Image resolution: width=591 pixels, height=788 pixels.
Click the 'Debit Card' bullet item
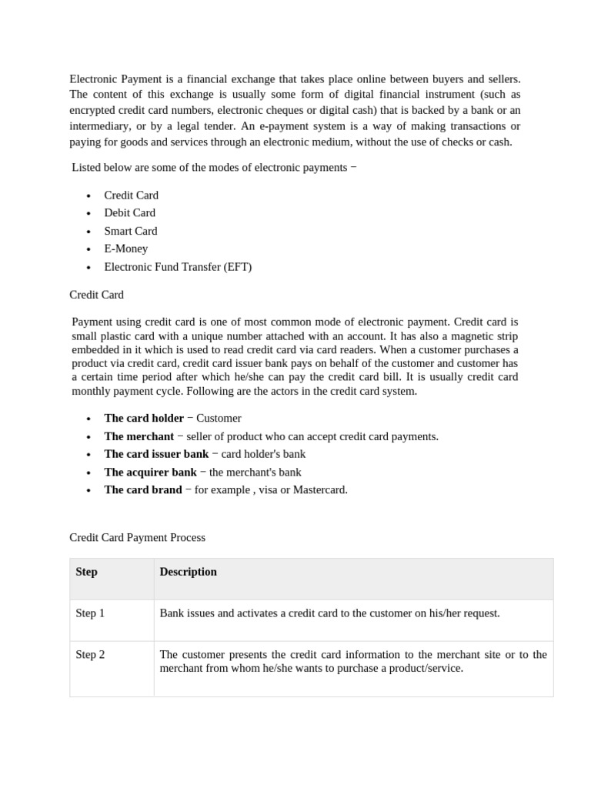[x=129, y=213]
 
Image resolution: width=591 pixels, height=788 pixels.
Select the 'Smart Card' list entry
[x=130, y=231]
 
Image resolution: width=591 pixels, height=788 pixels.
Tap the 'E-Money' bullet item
[x=125, y=249]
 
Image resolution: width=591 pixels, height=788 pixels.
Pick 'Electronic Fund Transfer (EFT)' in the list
[x=178, y=267]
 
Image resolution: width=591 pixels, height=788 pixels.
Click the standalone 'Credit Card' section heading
[x=96, y=295]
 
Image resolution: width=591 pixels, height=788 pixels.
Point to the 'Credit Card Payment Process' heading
[x=137, y=538]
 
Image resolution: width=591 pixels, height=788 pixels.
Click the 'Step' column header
[x=87, y=572]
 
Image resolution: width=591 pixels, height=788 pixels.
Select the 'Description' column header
[x=188, y=572]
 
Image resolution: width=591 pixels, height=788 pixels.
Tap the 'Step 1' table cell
[x=90, y=613]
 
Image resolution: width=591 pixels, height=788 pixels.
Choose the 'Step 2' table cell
[x=90, y=655]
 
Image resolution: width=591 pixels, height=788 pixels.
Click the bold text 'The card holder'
[x=144, y=418]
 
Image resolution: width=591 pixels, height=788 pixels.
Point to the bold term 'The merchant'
[x=139, y=436]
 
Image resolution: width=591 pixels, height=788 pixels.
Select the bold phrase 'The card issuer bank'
[x=156, y=454]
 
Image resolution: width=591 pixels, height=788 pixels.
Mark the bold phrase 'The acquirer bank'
[x=150, y=472]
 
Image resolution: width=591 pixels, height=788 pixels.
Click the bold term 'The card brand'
[x=143, y=490]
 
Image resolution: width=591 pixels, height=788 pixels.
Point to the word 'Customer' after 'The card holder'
[x=219, y=418]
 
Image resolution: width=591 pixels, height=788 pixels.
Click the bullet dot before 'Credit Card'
[x=88, y=196]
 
